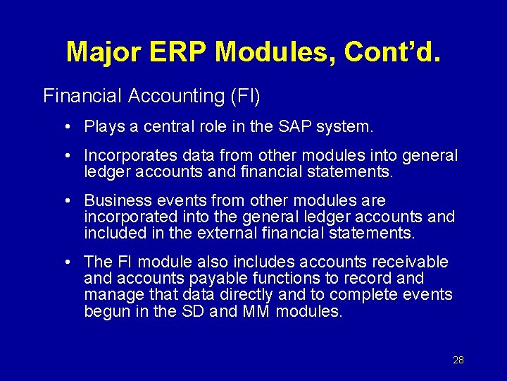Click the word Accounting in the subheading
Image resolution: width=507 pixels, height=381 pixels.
175,96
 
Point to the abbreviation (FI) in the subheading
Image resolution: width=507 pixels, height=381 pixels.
245,96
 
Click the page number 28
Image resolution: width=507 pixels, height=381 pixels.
458,360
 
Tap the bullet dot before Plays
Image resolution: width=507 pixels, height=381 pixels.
66,128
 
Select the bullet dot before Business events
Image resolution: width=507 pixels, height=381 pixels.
66,202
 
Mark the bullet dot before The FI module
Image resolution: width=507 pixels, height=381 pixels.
66,262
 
